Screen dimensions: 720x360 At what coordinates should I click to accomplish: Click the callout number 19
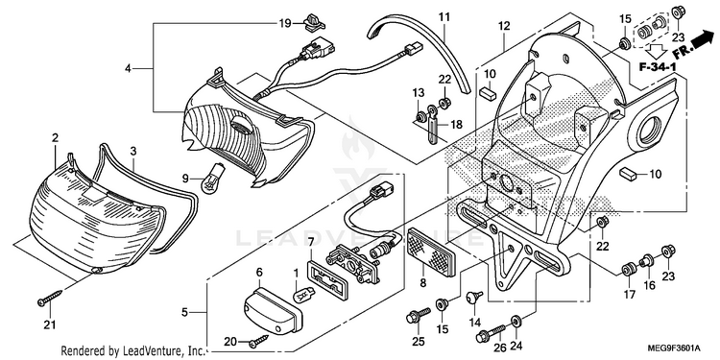click(x=285, y=23)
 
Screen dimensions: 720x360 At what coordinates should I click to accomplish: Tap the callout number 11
click(x=444, y=18)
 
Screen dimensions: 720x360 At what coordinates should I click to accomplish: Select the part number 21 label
click(x=50, y=325)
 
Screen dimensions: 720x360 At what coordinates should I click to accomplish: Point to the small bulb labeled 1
click(x=303, y=293)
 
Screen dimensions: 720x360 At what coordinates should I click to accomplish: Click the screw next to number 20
click(x=260, y=340)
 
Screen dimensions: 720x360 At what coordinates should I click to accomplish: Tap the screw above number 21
click(x=50, y=298)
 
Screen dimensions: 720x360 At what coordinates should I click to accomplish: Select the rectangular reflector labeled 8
click(x=431, y=252)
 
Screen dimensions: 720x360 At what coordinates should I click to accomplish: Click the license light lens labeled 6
click(x=273, y=310)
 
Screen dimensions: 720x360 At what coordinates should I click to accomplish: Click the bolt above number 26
click(x=492, y=333)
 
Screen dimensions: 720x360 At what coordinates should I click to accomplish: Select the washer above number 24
click(x=516, y=321)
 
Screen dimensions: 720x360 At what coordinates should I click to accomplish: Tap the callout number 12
click(x=504, y=26)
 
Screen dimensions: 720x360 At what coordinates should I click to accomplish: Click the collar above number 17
click(x=628, y=269)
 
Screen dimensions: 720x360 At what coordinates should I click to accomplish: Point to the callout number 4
click(x=128, y=69)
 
